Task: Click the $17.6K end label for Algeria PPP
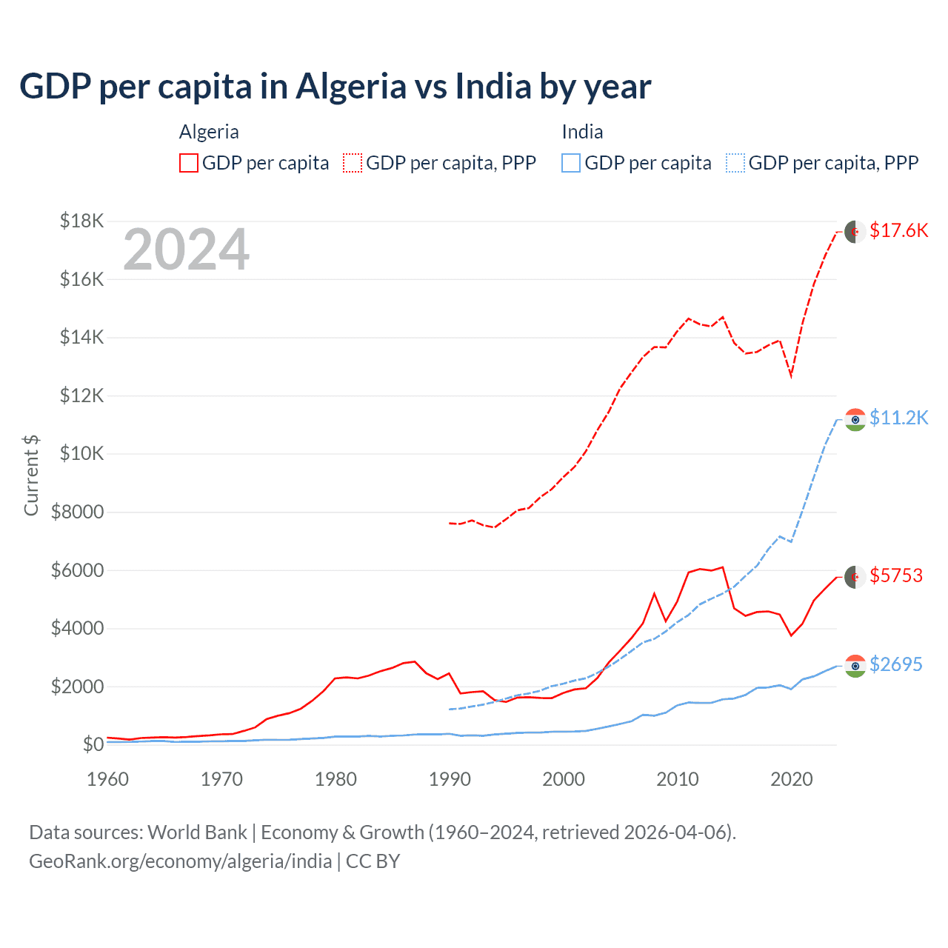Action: pos(898,230)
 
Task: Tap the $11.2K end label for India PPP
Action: pos(898,418)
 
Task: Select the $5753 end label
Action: pos(896,575)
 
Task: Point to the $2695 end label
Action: pos(896,664)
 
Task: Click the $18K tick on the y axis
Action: pos(81,221)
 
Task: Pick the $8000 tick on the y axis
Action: pos(77,512)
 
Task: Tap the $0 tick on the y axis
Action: pos(93,744)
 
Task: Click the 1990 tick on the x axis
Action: pos(450,779)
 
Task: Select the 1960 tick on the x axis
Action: pos(108,779)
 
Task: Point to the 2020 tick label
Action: pos(791,779)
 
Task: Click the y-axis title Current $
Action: pos(31,475)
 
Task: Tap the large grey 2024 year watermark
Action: pos(186,250)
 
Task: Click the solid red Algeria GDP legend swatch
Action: pos(189,163)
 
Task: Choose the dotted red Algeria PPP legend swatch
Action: pos(353,163)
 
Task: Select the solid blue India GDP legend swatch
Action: pos(571,163)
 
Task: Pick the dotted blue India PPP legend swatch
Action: pos(735,163)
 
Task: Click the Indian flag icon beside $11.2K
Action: pos(855,419)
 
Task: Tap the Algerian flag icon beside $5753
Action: pos(855,577)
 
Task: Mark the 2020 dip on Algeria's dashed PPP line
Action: pos(791,375)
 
